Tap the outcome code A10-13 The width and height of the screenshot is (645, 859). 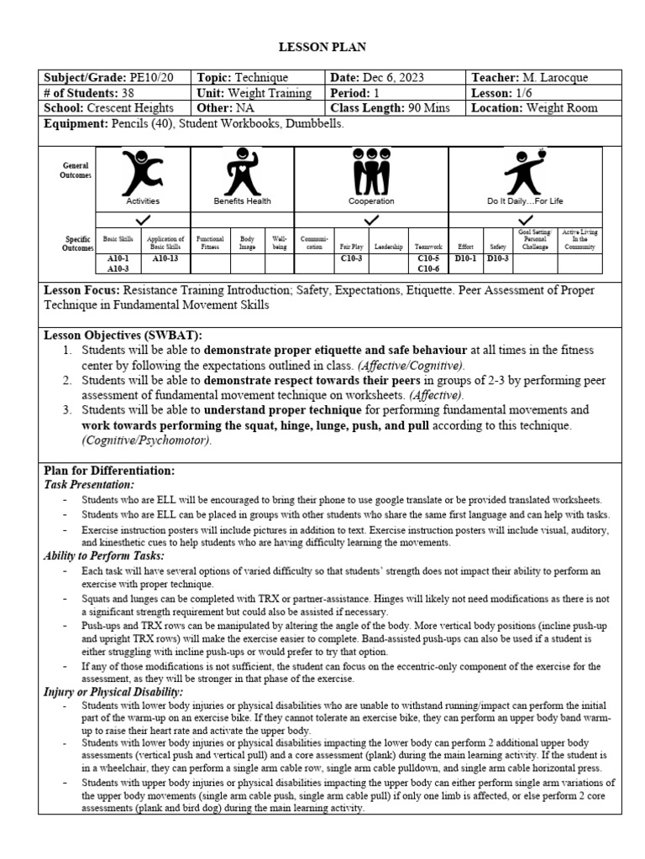click(165, 259)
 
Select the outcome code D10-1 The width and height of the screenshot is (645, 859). click(465, 259)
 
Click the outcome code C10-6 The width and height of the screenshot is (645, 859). click(428, 269)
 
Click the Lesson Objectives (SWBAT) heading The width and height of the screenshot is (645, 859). click(123, 335)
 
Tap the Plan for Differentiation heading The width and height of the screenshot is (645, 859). click(108, 471)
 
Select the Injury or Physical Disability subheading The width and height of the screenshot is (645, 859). click(113, 691)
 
